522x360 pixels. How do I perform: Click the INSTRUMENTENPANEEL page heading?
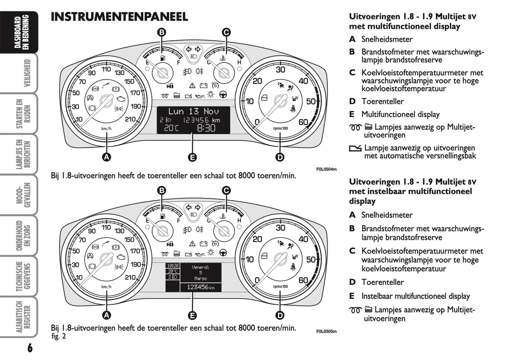pos(119,17)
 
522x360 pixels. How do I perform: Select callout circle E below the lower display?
pos(192,315)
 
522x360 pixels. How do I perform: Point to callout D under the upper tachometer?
pos(280,157)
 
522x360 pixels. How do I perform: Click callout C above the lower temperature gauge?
pos(226,190)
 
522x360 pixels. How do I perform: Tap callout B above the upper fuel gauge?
pos(162,32)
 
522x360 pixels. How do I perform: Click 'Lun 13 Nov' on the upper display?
pos(193,111)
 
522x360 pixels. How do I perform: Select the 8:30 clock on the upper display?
pos(206,128)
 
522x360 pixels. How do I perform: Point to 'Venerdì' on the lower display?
pos(200,267)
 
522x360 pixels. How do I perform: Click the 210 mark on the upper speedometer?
pos(130,119)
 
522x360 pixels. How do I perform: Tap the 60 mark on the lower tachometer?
pos(303,280)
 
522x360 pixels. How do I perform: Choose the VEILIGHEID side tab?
pos(27,73)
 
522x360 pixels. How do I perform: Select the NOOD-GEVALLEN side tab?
pos(27,195)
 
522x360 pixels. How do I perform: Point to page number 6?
pos(30,348)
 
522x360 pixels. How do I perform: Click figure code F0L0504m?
pos(326,169)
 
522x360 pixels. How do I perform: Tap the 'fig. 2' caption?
pos(59,337)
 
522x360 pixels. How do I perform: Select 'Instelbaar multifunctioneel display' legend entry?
pos(415,296)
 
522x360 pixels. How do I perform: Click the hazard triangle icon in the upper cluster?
pos(192,86)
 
